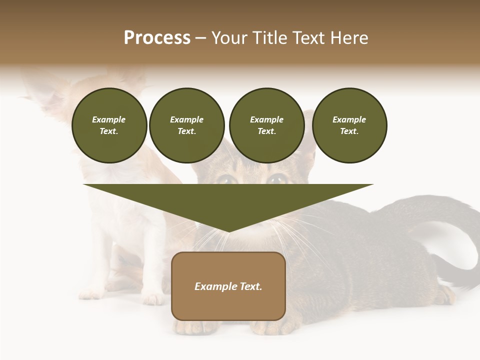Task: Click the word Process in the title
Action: click(157, 38)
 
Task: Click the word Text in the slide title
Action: click(310, 38)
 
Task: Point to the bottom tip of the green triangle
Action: click(228, 231)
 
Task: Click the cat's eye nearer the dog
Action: click(227, 179)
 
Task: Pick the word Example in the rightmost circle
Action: click(349, 119)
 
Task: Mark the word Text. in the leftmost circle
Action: click(109, 131)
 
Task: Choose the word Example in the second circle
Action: click(186, 119)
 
